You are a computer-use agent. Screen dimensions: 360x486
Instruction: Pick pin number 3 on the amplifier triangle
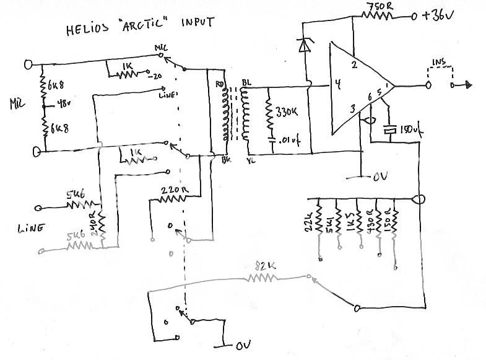351,110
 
